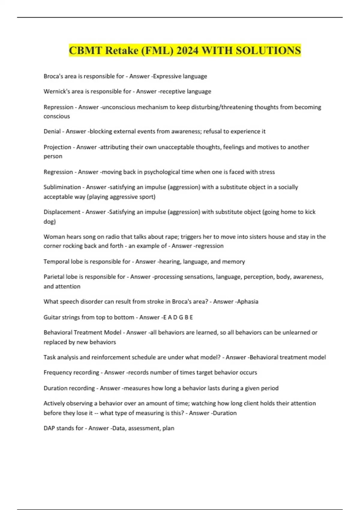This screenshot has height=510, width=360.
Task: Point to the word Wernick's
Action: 56,91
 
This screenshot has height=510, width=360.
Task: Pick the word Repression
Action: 58,107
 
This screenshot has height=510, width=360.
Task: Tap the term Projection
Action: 57,147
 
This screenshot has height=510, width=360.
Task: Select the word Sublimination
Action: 62,187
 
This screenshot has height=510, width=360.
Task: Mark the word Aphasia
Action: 247,301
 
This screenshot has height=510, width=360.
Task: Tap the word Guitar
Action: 51,317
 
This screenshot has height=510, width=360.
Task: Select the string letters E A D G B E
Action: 178,317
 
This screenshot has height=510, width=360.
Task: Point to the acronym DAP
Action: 49,428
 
